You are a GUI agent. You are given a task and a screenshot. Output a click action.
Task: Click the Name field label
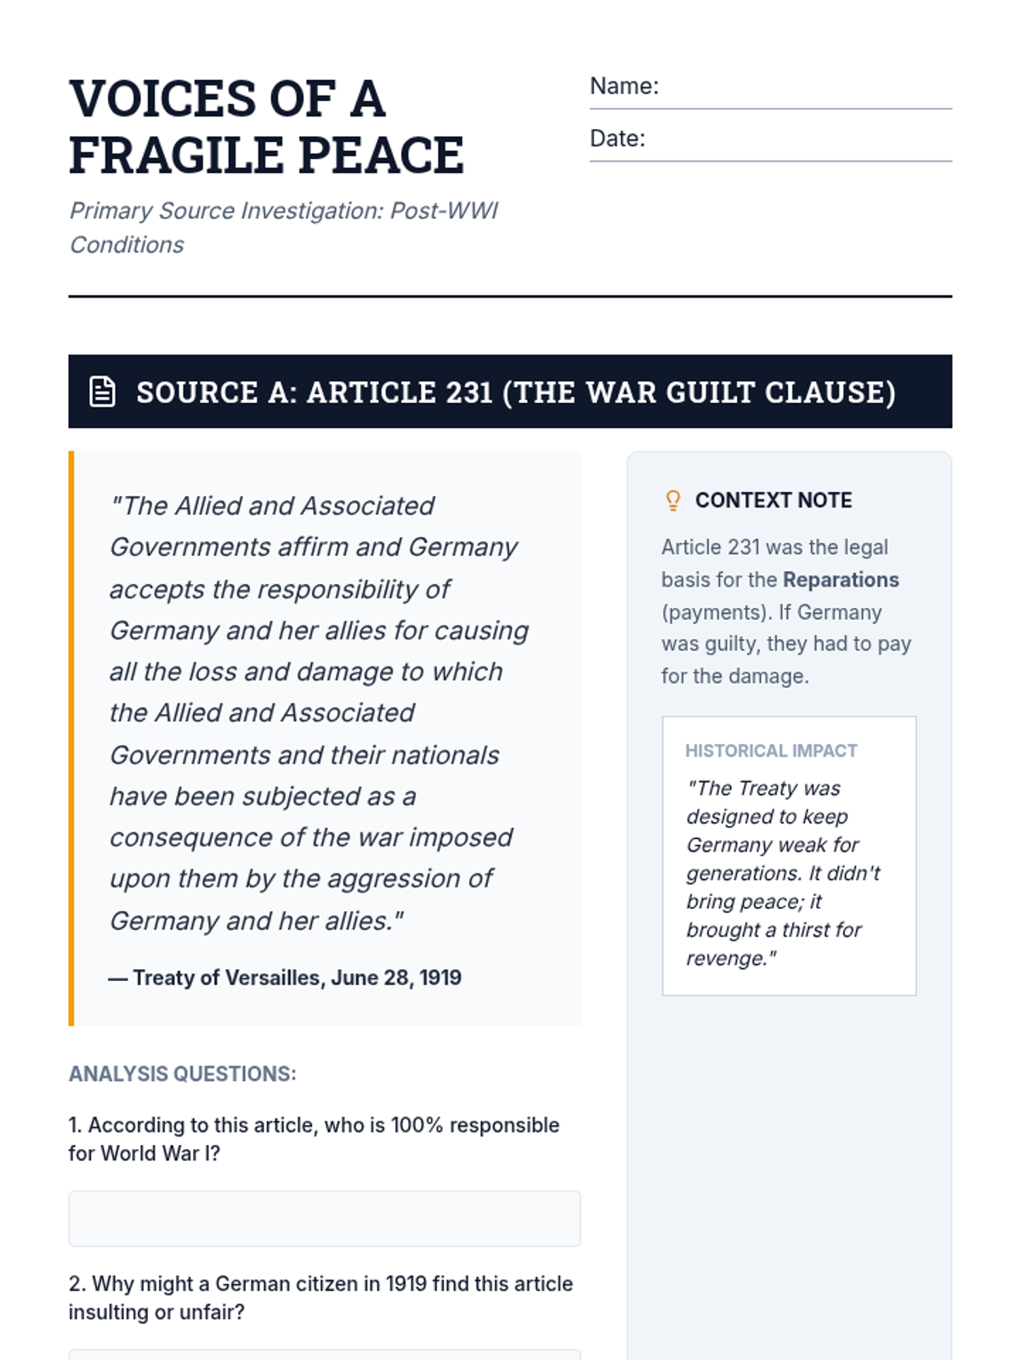624,86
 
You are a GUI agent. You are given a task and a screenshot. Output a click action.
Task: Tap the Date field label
617,139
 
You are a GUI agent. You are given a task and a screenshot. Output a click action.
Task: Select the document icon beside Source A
103,392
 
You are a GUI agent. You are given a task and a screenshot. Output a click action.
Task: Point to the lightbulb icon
672,501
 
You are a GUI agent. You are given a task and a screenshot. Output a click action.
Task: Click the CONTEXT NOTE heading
773,501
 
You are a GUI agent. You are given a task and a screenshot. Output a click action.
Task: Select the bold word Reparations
841,580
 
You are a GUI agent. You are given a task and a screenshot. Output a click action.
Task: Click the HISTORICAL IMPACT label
771,751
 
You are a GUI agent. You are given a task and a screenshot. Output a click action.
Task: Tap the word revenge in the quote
727,959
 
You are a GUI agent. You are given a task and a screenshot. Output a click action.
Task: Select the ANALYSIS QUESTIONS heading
183,1074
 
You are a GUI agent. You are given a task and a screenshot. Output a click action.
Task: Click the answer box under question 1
324,1219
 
